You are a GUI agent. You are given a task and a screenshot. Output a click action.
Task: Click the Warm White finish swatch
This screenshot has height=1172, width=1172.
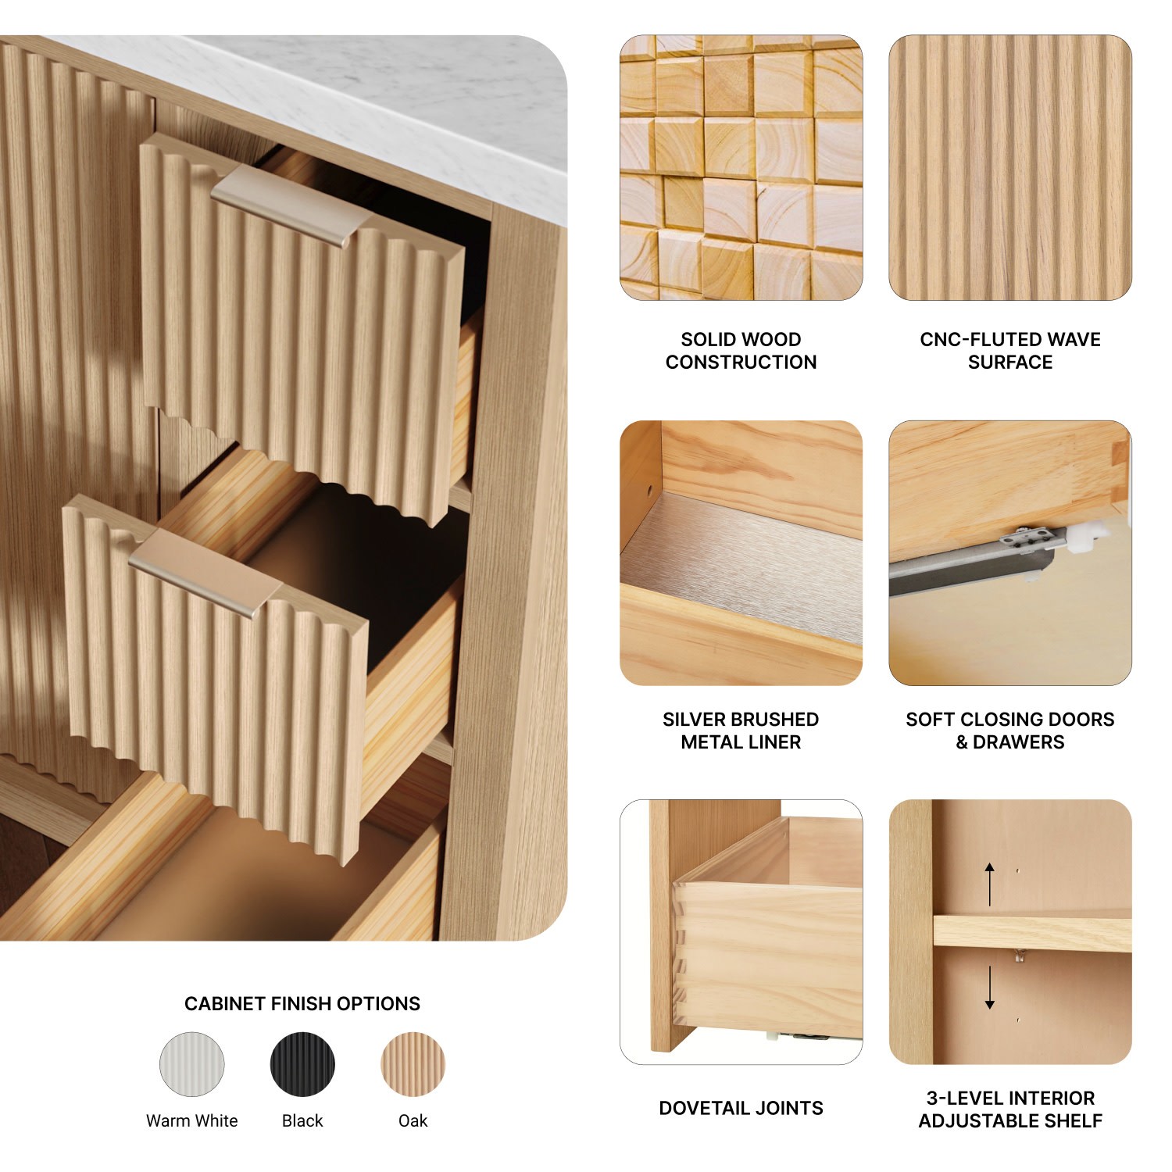(192, 1064)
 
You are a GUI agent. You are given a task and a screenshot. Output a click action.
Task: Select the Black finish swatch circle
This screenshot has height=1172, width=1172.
(302, 1064)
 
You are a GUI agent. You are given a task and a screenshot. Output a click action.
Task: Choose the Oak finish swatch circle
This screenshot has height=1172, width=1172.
(413, 1064)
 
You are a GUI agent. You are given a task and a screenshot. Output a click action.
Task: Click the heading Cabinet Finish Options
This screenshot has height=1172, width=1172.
(302, 1003)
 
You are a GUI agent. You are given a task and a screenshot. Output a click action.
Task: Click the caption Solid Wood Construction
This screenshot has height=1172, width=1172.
(741, 351)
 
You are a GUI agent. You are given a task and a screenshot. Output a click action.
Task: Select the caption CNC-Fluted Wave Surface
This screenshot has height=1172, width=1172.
(1010, 351)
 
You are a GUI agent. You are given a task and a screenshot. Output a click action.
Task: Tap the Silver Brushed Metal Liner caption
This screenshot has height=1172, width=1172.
(741, 731)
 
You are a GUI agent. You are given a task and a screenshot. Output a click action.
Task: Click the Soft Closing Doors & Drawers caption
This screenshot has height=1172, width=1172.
(1010, 731)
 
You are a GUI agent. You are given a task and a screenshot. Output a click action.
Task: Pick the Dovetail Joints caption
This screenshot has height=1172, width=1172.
(741, 1108)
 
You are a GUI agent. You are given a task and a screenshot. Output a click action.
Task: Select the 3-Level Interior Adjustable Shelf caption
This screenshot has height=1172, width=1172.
(1010, 1109)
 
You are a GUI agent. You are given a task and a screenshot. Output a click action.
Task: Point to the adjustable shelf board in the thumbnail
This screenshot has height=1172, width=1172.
(1032, 931)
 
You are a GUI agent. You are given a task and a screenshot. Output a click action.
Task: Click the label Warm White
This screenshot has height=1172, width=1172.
(192, 1121)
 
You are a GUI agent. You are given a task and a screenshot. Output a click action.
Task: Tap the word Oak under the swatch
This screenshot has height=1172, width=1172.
(413, 1121)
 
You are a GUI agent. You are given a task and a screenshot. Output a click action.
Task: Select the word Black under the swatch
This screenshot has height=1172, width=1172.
(302, 1121)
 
